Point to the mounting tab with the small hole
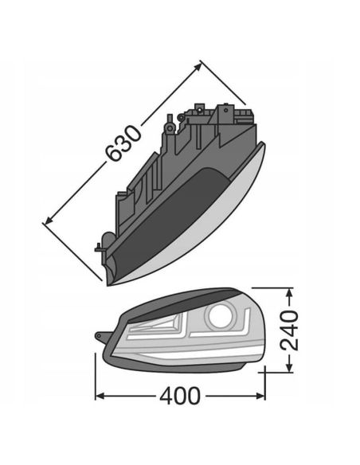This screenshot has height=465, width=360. [x=101, y=334]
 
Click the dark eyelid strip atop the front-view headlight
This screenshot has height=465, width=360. [x=183, y=301]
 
